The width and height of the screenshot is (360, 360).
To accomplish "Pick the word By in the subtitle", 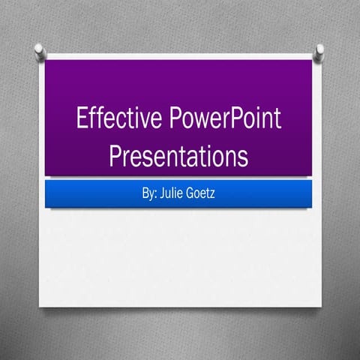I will click(x=148, y=193).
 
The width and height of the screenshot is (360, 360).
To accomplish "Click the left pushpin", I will click(x=40, y=51).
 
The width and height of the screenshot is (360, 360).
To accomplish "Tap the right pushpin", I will click(x=319, y=52).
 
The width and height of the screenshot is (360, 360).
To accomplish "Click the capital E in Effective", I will click(x=82, y=120).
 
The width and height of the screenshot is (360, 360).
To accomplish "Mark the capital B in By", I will click(x=144, y=193).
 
